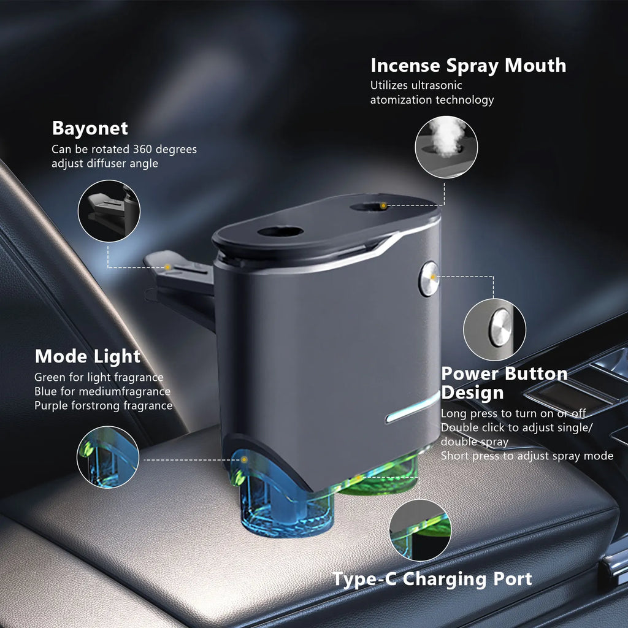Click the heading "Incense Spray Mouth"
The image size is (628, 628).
(468, 66)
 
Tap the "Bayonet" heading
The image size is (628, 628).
(90, 129)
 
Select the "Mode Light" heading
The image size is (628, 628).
(88, 356)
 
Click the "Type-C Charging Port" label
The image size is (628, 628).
(432, 579)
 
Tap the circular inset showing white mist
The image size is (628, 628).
(446, 147)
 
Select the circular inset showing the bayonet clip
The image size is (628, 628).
(109, 211)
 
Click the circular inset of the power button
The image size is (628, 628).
(495, 329)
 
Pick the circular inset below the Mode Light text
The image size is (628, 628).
(108, 457)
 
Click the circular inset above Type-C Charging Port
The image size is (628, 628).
(420, 530)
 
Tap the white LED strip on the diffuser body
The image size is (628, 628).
(413, 407)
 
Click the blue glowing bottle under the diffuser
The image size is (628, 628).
(280, 500)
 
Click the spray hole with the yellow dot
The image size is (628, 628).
(370, 207)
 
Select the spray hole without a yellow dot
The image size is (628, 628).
(280, 231)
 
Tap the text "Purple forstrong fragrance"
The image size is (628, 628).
(103, 406)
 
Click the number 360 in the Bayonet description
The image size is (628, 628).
(142, 149)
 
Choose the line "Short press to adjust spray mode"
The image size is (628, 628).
(527, 456)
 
